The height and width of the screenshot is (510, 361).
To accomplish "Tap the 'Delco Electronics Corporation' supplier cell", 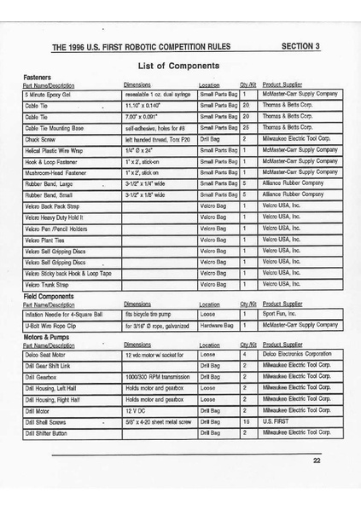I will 296,353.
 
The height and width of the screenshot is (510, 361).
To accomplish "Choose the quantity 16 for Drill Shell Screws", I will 246,420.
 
